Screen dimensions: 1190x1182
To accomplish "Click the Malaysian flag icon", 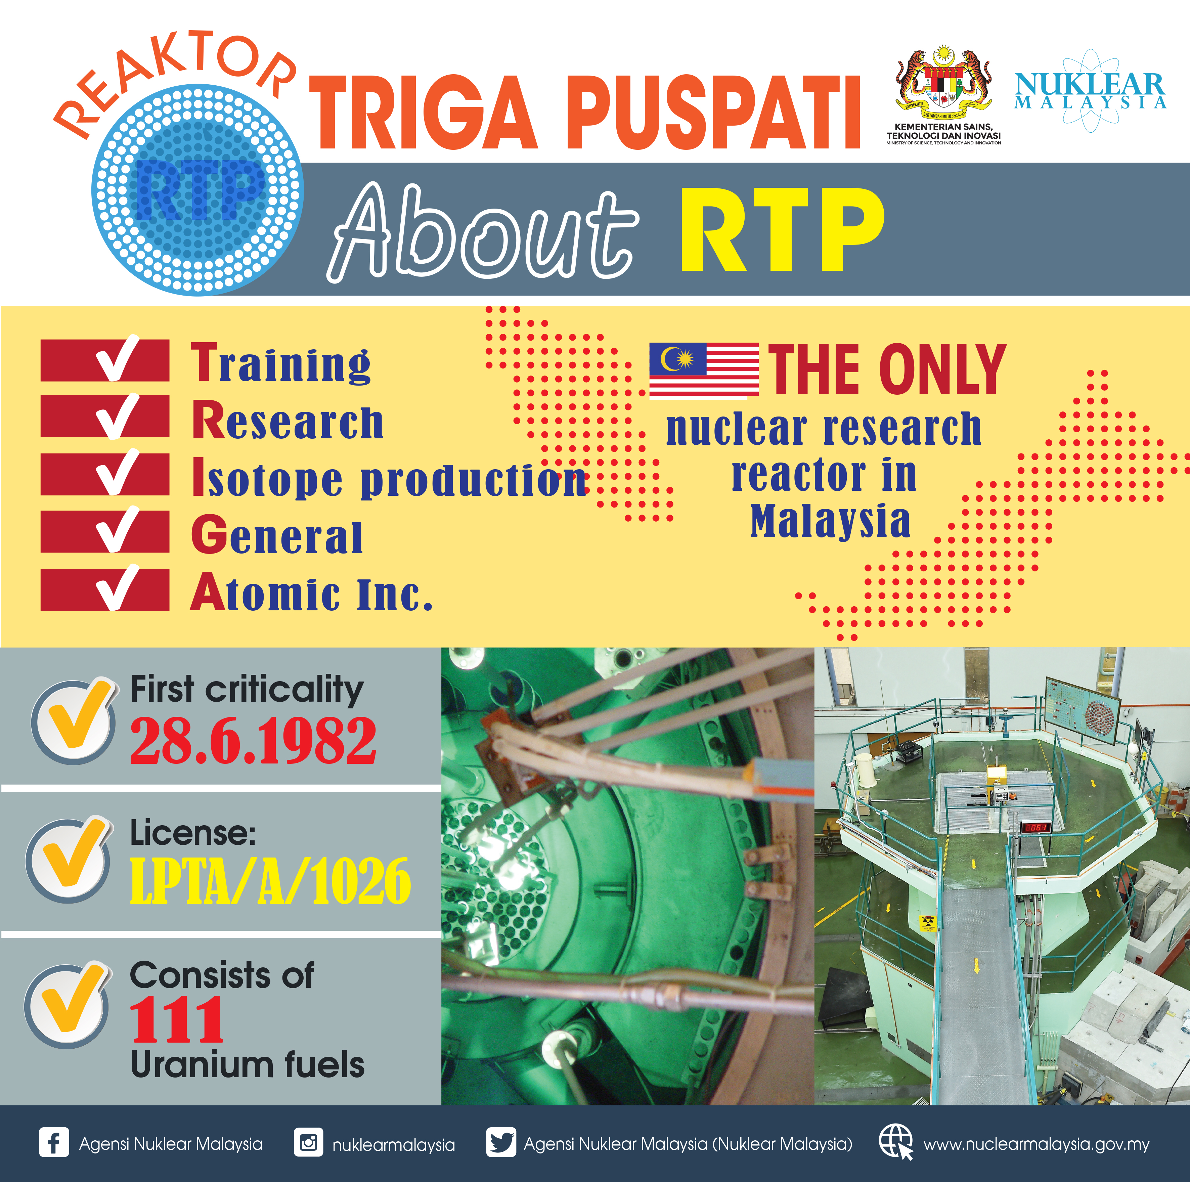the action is coord(704,369).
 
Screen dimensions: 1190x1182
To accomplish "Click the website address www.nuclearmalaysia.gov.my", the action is coord(1037,1144).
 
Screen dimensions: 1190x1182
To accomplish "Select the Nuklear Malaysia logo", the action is coord(1090,91).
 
